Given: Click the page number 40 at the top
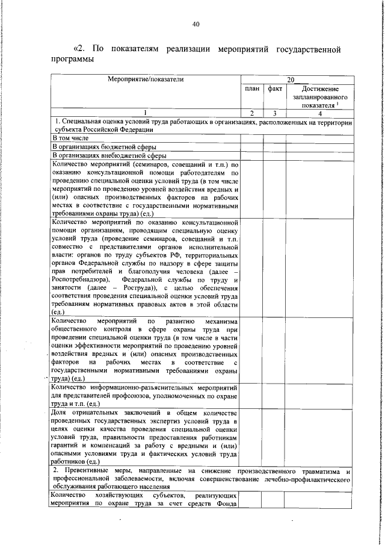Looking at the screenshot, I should click(x=195, y=24).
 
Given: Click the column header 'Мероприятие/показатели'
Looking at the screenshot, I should click(x=144, y=79).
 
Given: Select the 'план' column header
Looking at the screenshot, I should click(x=253, y=89).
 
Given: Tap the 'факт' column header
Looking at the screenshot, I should click(x=275, y=89).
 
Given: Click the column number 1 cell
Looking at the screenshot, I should click(x=144, y=113).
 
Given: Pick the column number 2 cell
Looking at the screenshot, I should click(x=253, y=113).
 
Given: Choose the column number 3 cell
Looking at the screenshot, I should click(x=275, y=113).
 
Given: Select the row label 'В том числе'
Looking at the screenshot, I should click(x=71, y=138).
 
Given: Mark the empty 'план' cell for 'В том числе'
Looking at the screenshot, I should click(x=253, y=138).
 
